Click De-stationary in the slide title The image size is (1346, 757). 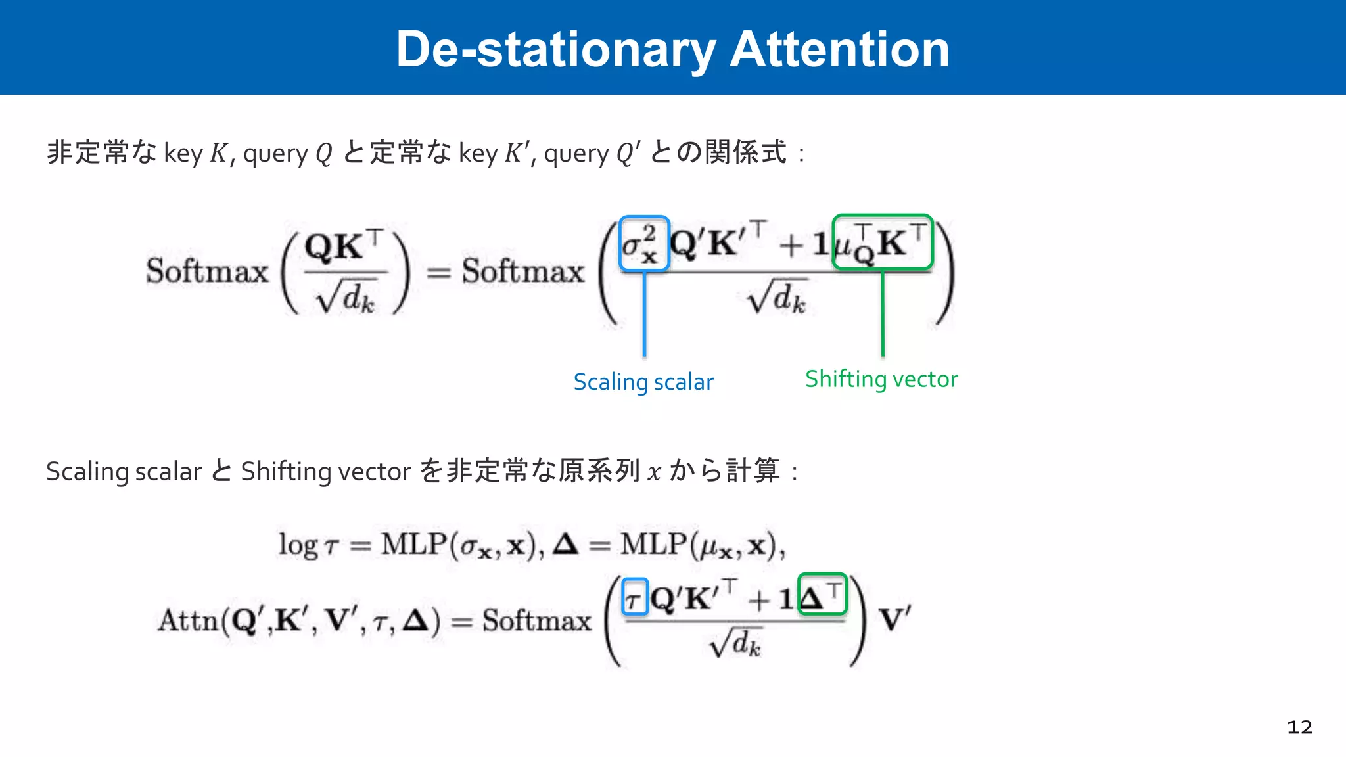pyautogui.click(x=555, y=49)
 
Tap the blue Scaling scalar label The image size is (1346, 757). pyautogui.click(x=643, y=382)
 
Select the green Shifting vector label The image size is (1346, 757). pyautogui.click(x=881, y=379)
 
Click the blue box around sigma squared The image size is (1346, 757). pyautogui.click(x=644, y=243)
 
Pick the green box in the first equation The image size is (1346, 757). pyautogui.click(x=882, y=242)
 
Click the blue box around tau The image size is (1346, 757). pyautogui.click(x=635, y=597)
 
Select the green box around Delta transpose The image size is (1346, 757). pyautogui.click(x=822, y=595)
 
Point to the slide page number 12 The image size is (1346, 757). pyautogui.click(x=1299, y=727)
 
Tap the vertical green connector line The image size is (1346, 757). pyautogui.click(x=882, y=313)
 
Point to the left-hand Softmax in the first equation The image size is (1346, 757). pyautogui.click(x=207, y=271)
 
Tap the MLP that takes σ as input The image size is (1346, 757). pyautogui.click(x=414, y=545)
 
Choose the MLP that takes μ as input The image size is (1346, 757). pyautogui.click(x=653, y=545)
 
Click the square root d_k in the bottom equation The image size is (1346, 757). pyautogui.click(x=735, y=643)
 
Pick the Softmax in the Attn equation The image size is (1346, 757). pyautogui.click(x=537, y=620)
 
